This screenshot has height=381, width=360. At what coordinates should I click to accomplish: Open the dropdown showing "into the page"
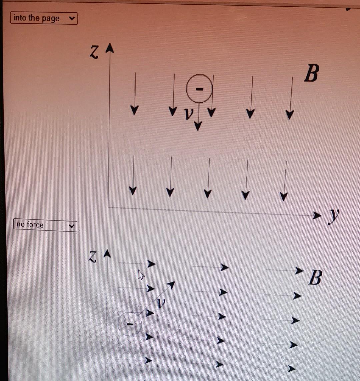click(44, 18)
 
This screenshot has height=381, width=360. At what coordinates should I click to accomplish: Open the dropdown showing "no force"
click(45, 225)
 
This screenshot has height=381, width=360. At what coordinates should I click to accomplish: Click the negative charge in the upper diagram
click(199, 89)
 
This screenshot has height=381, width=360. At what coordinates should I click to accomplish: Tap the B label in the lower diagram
click(315, 278)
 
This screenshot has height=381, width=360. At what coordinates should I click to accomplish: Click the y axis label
click(333, 216)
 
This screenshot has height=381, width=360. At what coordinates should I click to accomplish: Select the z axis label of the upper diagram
click(94, 53)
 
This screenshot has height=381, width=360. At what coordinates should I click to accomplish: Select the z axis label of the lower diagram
click(93, 256)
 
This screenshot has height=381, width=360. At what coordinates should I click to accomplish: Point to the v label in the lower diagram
click(161, 303)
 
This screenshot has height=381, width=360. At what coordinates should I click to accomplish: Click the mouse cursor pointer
click(141, 275)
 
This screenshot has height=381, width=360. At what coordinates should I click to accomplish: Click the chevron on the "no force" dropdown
click(71, 226)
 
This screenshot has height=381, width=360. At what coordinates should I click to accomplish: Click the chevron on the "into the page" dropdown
click(71, 18)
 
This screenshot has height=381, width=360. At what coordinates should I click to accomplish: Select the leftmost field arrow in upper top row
click(134, 93)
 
